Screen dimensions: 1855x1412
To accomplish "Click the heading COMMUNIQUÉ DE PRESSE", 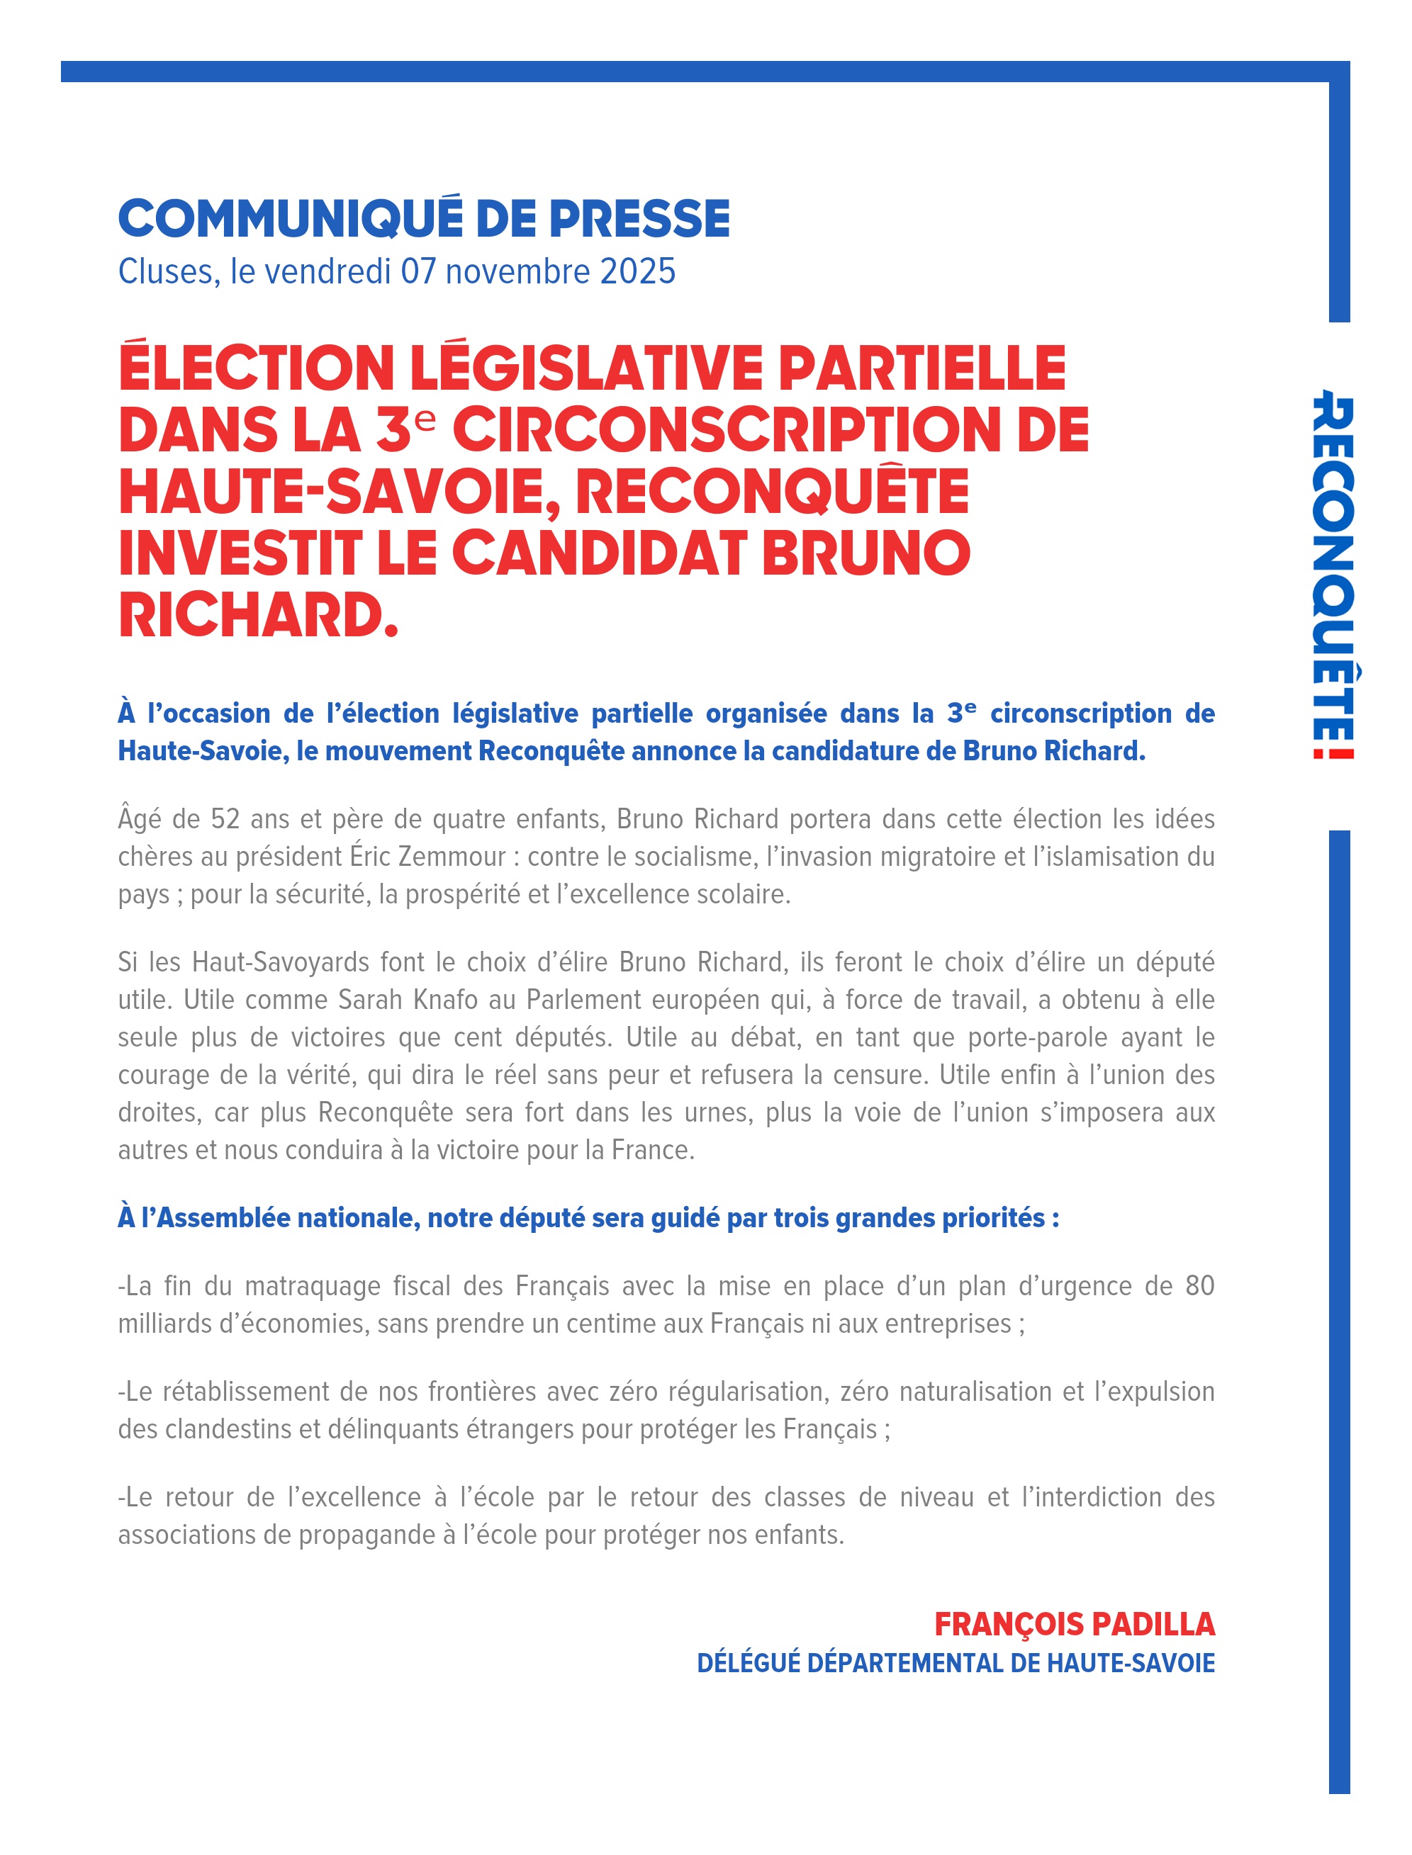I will tap(424, 218).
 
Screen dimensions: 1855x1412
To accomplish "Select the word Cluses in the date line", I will tap(166, 272).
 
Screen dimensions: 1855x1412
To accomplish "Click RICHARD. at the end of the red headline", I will tap(258, 616).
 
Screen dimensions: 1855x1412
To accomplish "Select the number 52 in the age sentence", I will tap(227, 819).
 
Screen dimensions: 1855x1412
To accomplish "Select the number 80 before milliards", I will tap(1199, 1286).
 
